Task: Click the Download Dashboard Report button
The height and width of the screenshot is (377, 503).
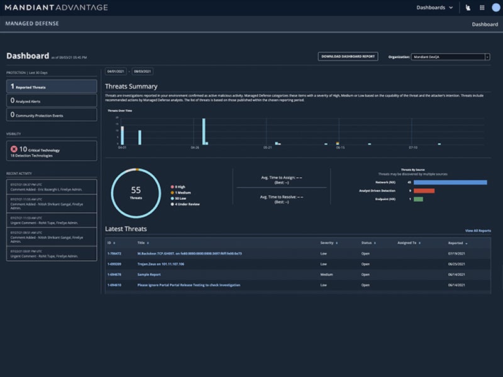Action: (348, 57)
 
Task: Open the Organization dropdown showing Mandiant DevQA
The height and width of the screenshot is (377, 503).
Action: (450, 57)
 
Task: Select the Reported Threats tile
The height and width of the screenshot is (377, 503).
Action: (52, 86)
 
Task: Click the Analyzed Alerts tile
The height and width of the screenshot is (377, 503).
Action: (52, 101)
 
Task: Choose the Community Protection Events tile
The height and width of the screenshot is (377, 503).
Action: (52, 115)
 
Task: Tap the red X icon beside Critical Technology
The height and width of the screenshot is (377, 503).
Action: (14, 149)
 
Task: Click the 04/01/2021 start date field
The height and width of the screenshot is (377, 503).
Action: (116, 72)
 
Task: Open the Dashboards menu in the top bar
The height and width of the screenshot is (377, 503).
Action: (434, 8)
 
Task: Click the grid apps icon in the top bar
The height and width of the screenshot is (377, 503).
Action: (482, 8)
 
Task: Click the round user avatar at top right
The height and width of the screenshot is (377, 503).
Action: (497, 8)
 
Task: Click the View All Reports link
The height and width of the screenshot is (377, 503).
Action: (478, 231)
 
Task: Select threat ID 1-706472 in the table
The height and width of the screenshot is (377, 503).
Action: (114, 253)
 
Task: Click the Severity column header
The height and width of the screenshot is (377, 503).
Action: (328, 242)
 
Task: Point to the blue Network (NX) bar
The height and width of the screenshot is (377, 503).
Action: (450, 182)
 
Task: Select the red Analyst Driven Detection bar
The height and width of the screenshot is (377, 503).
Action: (424, 190)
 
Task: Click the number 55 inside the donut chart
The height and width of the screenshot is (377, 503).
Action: (135, 189)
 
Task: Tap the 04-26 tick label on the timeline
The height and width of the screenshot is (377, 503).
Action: (194, 148)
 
